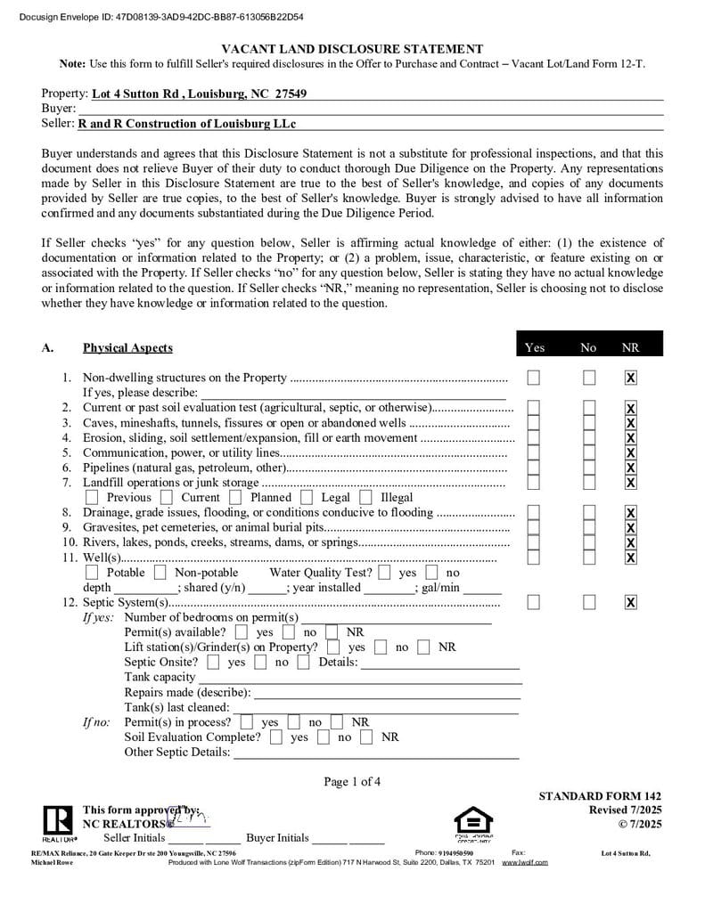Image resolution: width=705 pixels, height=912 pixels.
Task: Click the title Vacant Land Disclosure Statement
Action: click(352, 49)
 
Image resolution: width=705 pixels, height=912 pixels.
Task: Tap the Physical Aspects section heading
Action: click(127, 347)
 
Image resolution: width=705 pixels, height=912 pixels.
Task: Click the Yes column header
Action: click(535, 347)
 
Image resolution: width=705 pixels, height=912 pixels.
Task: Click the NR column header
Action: click(630, 347)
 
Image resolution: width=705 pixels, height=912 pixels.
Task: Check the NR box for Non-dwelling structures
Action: click(630, 378)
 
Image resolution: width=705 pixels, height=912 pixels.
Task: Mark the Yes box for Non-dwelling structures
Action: click(533, 378)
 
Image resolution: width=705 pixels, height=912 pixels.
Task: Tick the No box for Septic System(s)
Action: click(589, 603)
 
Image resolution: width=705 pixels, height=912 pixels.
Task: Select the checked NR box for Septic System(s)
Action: click(630, 603)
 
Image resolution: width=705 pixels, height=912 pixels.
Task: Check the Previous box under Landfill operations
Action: click(92, 498)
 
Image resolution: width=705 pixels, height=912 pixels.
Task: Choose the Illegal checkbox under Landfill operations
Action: click(365, 498)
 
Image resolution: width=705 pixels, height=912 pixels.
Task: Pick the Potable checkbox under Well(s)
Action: click(92, 573)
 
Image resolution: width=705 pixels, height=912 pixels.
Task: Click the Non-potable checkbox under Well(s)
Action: click(160, 573)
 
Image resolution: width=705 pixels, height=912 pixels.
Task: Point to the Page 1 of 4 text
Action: click(352, 782)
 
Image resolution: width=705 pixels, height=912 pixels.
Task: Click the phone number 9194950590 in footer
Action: click(456, 853)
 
